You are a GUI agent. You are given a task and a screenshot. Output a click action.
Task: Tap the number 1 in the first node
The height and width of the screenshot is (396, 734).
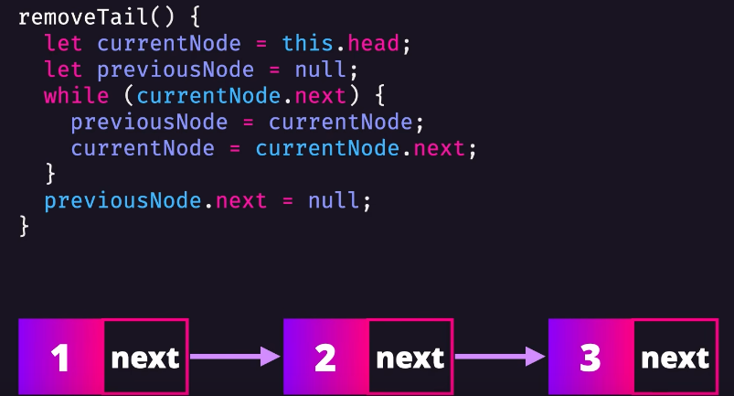click(60, 357)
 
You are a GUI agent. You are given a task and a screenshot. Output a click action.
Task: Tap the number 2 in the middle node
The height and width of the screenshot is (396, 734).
click(324, 357)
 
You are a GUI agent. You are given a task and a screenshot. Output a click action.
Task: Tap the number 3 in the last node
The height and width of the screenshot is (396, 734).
click(590, 357)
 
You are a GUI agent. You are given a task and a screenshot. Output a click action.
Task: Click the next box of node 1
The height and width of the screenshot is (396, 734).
click(145, 357)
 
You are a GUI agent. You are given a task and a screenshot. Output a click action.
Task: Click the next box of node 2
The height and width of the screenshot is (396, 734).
click(410, 357)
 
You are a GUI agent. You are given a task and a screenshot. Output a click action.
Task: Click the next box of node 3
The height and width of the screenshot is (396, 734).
click(675, 357)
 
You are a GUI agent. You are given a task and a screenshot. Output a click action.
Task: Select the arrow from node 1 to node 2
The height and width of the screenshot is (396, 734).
click(235, 357)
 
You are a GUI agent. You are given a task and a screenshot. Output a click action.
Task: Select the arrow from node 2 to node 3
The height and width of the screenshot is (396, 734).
click(500, 357)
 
